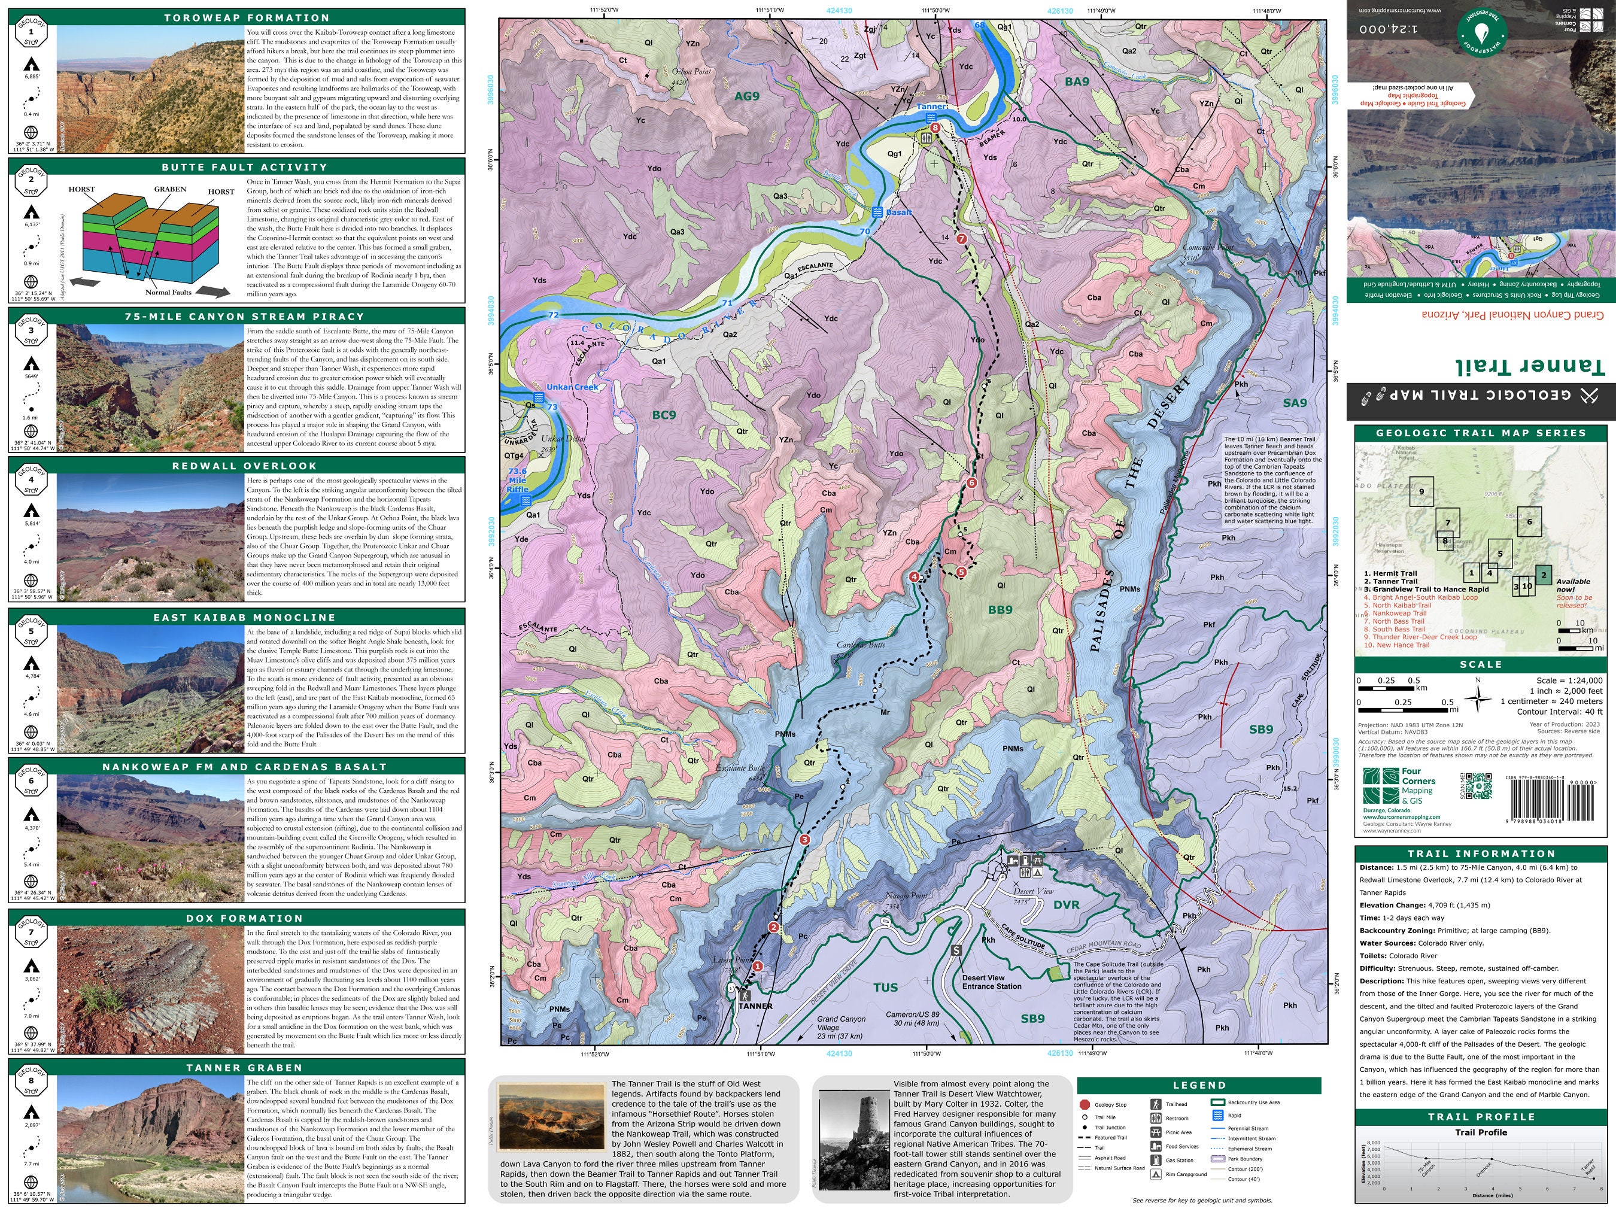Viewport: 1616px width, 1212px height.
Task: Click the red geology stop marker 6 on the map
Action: click(x=971, y=483)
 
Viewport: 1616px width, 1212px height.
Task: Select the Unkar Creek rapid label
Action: click(x=572, y=387)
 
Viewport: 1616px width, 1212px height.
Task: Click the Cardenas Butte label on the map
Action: click(x=861, y=645)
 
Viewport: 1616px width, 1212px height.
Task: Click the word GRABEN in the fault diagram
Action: click(x=169, y=189)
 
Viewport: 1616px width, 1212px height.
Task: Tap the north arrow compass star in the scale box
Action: click(x=1477, y=698)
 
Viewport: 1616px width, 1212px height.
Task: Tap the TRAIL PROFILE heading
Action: click(x=1480, y=1117)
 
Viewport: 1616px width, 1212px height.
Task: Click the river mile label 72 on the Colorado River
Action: click(x=553, y=315)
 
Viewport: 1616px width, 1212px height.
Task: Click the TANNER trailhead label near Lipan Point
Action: click(x=755, y=1006)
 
